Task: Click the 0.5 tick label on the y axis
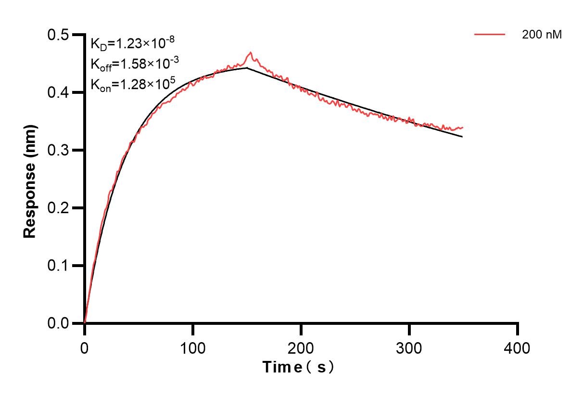[58, 35]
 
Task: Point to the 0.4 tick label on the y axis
[58, 92]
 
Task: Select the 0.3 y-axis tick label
[58, 150]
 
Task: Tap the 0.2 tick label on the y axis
[58, 208]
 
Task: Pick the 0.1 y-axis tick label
[58, 266]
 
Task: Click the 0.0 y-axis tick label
[58, 323]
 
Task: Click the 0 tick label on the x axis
[85, 347]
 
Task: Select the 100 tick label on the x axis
[192, 347]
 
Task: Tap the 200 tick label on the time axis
[301, 347]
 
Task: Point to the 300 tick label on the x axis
[409, 347]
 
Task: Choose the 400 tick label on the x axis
[518, 347]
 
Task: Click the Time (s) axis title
[298, 368]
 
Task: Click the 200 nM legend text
[542, 35]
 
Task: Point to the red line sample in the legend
[489, 35]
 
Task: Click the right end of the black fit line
[462, 137]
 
